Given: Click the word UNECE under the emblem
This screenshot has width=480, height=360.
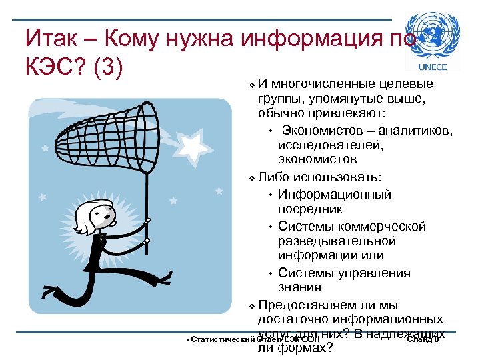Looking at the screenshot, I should click(432, 67).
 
